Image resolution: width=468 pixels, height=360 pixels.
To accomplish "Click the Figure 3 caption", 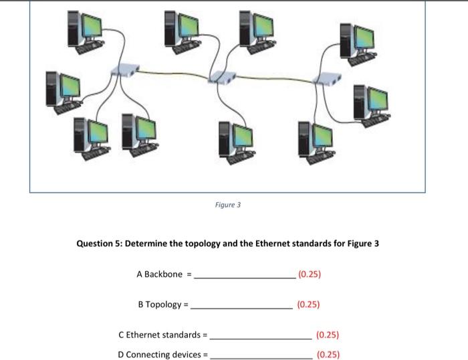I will [x=228, y=205].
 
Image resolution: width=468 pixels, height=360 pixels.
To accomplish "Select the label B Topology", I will [x=159, y=304].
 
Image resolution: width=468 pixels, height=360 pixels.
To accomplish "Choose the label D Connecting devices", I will [x=158, y=354].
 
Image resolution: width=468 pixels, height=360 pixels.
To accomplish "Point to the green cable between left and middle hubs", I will [x=174, y=73].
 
